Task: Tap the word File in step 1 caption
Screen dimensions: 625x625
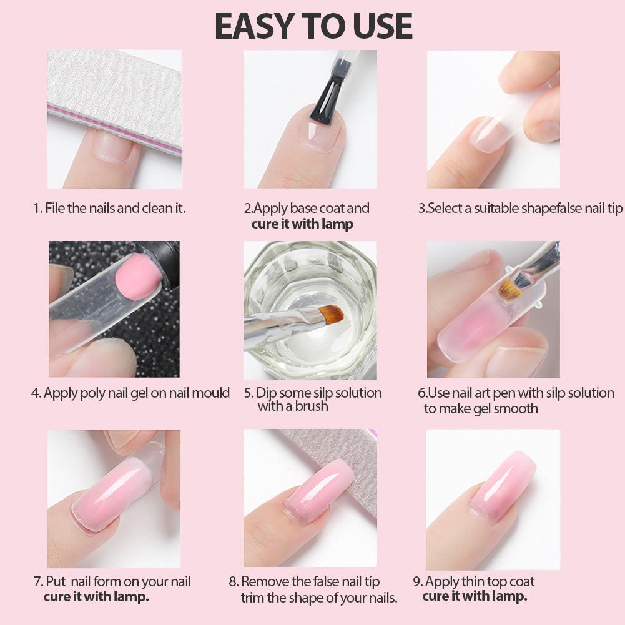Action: [x=55, y=208]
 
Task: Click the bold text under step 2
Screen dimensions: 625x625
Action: [x=302, y=224]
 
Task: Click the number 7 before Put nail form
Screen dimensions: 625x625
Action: [x=37, y=581]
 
